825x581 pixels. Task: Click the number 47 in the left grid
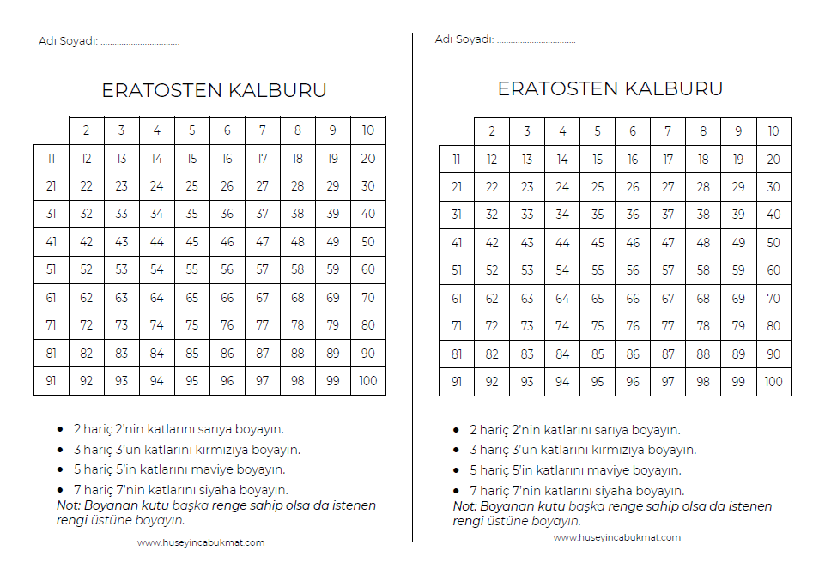[x=263, y=242]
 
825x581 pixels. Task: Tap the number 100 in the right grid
[x=773, y=382]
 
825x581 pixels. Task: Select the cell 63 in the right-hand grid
[x=527, y=299]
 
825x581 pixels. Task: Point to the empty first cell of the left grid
[x=52, y=130]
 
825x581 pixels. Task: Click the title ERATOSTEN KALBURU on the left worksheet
[x=214, y=90]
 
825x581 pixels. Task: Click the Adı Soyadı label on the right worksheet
[x=464, y=39]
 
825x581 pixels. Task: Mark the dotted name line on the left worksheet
[x=140, y=41]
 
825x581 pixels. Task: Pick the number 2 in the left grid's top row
[x=87, y=130]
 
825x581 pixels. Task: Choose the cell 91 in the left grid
[x=52, y=381]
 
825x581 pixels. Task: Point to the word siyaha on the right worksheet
[x=610, y=491]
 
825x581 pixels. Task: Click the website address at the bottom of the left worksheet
[x=201, y=542]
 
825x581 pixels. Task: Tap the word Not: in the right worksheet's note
[x=466, y=506]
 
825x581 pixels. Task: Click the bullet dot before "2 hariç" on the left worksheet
[x=60, y=429]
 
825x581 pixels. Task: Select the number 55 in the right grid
[x=598, y=270]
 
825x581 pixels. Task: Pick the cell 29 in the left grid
[x=333, y=186]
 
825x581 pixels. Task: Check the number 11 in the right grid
[x=457, y=159]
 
